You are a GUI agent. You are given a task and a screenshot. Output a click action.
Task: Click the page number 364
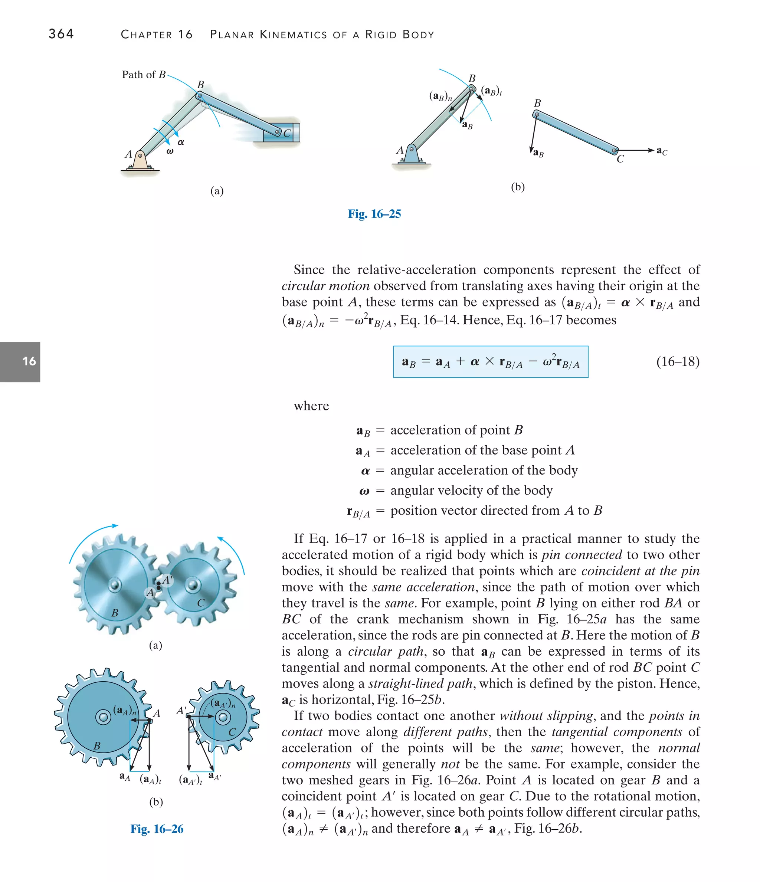(x=61, y=34)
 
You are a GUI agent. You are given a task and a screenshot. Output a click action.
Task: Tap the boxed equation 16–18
(x=490, y=362)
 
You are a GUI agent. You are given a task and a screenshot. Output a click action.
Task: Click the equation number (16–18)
(x=677, y=362)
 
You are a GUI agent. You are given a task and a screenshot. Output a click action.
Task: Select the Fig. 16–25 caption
(x=374, y=214)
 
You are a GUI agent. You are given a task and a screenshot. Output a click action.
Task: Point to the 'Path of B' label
(x=144, y=75)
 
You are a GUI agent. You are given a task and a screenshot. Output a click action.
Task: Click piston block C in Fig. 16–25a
(x=281, y=133)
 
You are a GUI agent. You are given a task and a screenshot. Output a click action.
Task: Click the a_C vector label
(x=662, y=151)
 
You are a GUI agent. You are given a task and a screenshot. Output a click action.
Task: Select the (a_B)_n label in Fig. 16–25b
(x=440, y=96)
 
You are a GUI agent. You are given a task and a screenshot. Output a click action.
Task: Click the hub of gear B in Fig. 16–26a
(x=114, y=584)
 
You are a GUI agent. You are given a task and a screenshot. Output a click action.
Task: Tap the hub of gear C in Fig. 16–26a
(x=193, y=584)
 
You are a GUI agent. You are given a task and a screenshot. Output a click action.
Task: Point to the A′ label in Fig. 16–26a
(x=167, y=580)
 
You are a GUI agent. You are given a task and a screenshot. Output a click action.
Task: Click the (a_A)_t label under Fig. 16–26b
(x=150, y=780)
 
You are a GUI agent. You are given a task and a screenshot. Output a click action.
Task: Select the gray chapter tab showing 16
(x=20, y=362)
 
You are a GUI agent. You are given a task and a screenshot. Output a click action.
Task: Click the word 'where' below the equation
(x=311, y=406)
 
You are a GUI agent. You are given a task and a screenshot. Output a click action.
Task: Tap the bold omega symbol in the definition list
(x=364, y=491)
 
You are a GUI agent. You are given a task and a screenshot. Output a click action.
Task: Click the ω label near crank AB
(x=170, y=151)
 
